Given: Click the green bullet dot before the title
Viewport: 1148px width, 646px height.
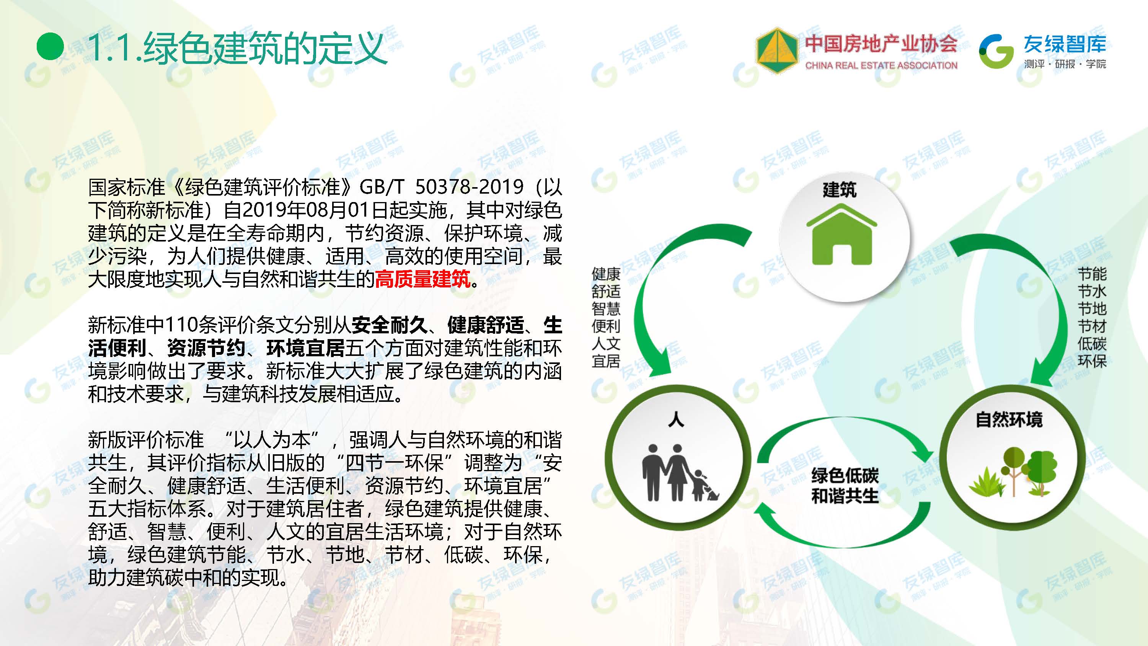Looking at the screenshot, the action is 51,47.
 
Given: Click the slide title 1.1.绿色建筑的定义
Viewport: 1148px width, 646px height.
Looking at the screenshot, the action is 238,48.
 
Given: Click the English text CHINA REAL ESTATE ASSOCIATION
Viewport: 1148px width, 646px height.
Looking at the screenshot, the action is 881,65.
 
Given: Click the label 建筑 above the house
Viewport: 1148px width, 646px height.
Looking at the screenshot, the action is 840,190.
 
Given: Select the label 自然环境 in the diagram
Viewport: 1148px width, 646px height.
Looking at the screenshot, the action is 1009,420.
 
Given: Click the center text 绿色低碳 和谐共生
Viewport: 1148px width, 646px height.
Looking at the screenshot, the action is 845,486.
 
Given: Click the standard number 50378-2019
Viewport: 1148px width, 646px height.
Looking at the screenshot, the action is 469,187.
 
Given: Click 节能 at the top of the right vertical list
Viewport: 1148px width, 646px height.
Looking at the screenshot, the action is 1092,274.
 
